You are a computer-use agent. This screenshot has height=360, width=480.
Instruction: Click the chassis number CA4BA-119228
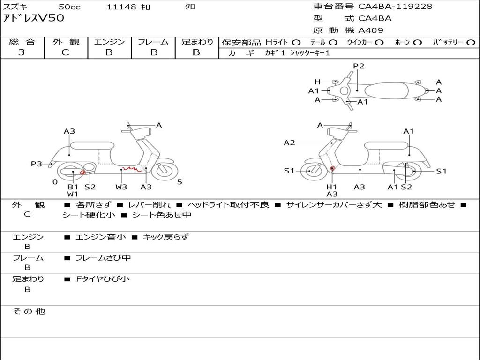point(395,7)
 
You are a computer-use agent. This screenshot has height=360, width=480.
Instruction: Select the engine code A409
point(371,30)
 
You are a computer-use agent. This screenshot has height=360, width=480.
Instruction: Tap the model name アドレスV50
point(34,18)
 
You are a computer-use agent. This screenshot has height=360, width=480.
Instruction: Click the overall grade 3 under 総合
point(22,52)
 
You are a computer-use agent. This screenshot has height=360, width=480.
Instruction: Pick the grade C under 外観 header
point(65,52)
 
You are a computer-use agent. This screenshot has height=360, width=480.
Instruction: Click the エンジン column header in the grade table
point(109,42)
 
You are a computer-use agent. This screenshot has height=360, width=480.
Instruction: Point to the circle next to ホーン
point(418,43)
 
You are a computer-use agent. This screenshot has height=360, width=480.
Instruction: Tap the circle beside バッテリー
point(471,43)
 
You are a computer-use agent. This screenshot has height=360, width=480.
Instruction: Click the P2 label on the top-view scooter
point(359,66)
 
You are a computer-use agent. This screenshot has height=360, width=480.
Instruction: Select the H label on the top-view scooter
point(317,82)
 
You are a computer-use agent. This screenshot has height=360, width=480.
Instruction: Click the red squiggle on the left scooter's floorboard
point(132,169)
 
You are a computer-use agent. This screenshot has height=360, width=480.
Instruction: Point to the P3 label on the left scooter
point(37,164)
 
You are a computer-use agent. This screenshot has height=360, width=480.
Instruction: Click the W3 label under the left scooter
point(121,187)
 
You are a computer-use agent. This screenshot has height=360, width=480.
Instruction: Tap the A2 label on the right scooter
point(289,142)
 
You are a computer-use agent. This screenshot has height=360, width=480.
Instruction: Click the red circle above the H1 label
point(332,168)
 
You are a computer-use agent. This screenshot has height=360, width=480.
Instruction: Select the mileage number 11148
point(121,7)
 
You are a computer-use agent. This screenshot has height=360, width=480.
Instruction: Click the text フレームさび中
point(103,258)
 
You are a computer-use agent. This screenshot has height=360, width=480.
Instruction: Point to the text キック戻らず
point(165,237)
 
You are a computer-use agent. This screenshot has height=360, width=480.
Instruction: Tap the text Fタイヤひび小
point(103,279)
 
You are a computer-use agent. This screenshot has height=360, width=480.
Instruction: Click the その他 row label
point(29,311)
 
